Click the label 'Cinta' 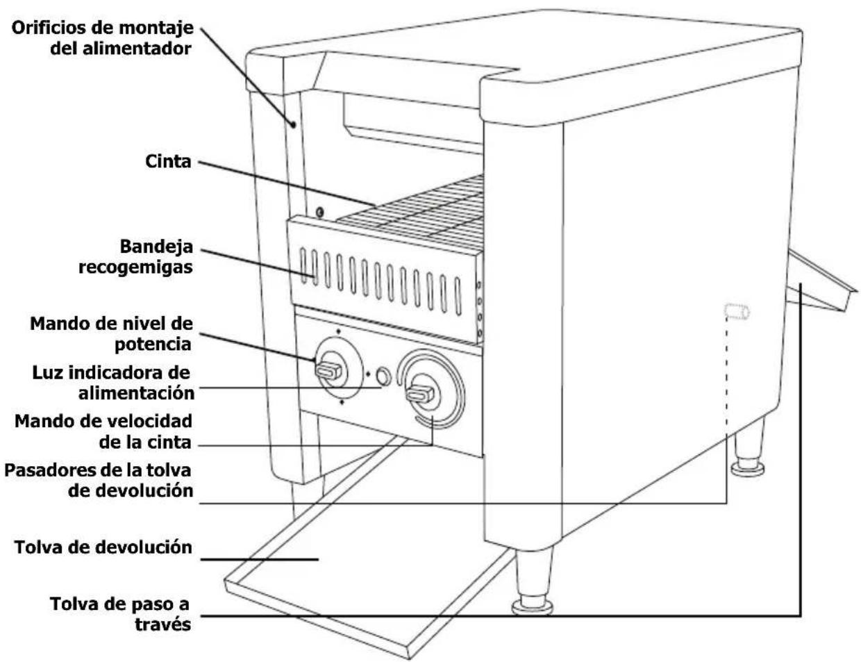tap(168, 162)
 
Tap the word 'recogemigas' tap(135, 267)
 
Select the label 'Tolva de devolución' tap(103, 547)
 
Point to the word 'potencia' tap(153, 345)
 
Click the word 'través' tap(163, 624)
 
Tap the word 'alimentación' tap(136, 394)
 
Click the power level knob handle tap(328, 372)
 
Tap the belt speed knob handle tap(420, 394)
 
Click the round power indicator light tap(383, 376)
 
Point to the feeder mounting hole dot tap(294, 124)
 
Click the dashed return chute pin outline tap(737, 312)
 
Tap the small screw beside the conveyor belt tap(319, 212)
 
